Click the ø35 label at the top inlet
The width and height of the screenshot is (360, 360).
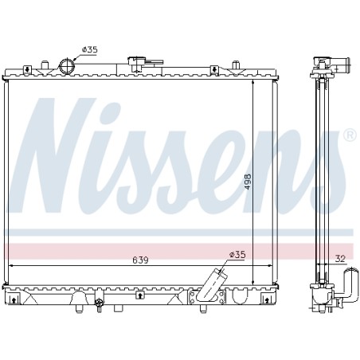(x=90, y=49)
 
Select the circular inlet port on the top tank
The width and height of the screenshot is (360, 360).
(x=67, y=66)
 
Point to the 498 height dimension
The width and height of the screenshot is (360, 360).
(x=248, y=182)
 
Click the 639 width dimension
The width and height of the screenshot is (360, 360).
(x=140, y=260)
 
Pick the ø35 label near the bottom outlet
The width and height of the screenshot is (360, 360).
(x=237, y=255)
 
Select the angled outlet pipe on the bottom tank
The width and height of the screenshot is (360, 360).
(x=212, y=284)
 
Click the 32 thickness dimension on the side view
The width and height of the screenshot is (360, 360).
(x=340, y=259)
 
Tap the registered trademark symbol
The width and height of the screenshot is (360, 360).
(x=350, y=135)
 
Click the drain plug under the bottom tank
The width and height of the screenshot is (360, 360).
(x=99, y=305)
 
